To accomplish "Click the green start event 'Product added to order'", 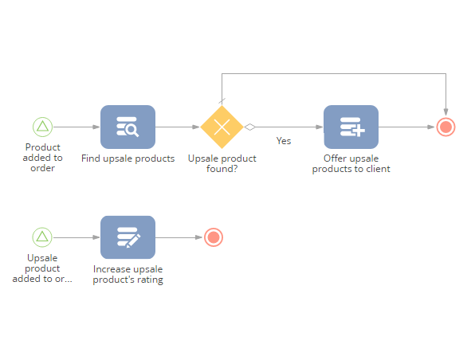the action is (42, 127).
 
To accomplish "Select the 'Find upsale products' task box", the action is (128, 127).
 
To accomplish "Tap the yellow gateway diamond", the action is (222, 127).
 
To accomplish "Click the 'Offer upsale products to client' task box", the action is (351, 127).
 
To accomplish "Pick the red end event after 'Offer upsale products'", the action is (446, 127).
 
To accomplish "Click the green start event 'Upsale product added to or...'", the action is (42, 237).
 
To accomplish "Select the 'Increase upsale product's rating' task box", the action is (128, 237).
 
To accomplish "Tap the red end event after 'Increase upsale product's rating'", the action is (214, 237).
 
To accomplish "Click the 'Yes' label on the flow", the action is (284, 141).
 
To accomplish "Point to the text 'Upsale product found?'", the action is (222, 163).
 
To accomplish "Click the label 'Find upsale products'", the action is (128, 158).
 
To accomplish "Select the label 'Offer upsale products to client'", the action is (351, 163).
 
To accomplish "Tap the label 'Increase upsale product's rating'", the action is (128, 274).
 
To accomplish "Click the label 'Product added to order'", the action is (43, 158).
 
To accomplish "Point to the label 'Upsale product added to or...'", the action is (42, 268).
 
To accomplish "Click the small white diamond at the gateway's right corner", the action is (250, 127).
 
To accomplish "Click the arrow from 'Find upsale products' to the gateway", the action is (178, 127).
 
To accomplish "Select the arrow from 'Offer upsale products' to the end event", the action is (406, 127).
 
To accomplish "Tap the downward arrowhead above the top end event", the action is (446, 112).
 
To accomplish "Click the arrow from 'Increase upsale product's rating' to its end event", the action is (179, 237).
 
